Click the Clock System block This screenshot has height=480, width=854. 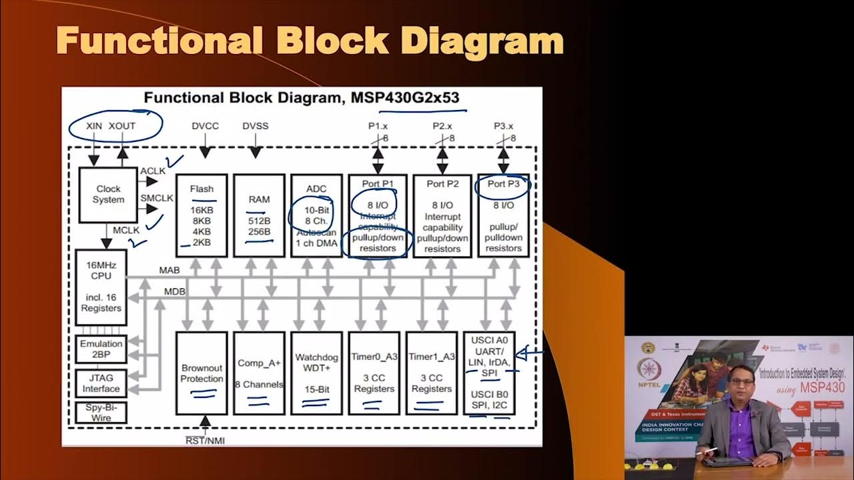click(108, 194)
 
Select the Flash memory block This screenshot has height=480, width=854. click(201, 215)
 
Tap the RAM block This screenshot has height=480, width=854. click(259, 215)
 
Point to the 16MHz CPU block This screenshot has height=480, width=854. click(101, 287)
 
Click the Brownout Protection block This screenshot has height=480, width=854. click(201, 373)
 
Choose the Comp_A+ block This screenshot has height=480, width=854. click(259, 373)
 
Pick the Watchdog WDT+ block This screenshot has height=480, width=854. click(316, 373)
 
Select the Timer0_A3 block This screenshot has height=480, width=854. click(374, 373)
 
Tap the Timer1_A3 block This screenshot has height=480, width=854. click(431, 373)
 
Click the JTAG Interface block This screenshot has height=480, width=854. click(101, 383)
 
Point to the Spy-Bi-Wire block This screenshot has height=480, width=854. click(101, 413)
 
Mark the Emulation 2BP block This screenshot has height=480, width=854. click(101, 349)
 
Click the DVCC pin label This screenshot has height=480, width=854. click(205, 125)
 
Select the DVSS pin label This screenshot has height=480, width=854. click(255, 125)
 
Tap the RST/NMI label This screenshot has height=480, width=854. click(205, 440)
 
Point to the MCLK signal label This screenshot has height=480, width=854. click(126, 230)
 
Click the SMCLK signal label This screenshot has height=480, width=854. click(157, 198)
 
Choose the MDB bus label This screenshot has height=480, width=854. click(175, 292)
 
